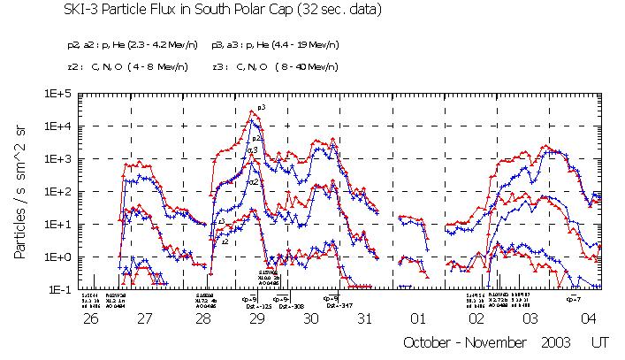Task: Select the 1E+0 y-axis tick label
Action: tap(62, 257)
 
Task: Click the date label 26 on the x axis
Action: tap(90, 318)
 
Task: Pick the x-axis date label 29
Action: tap(256, 318)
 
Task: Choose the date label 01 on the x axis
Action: tap(421, 318)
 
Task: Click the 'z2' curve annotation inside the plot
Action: tap(226, 241)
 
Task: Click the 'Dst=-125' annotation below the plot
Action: tap(258, 305)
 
